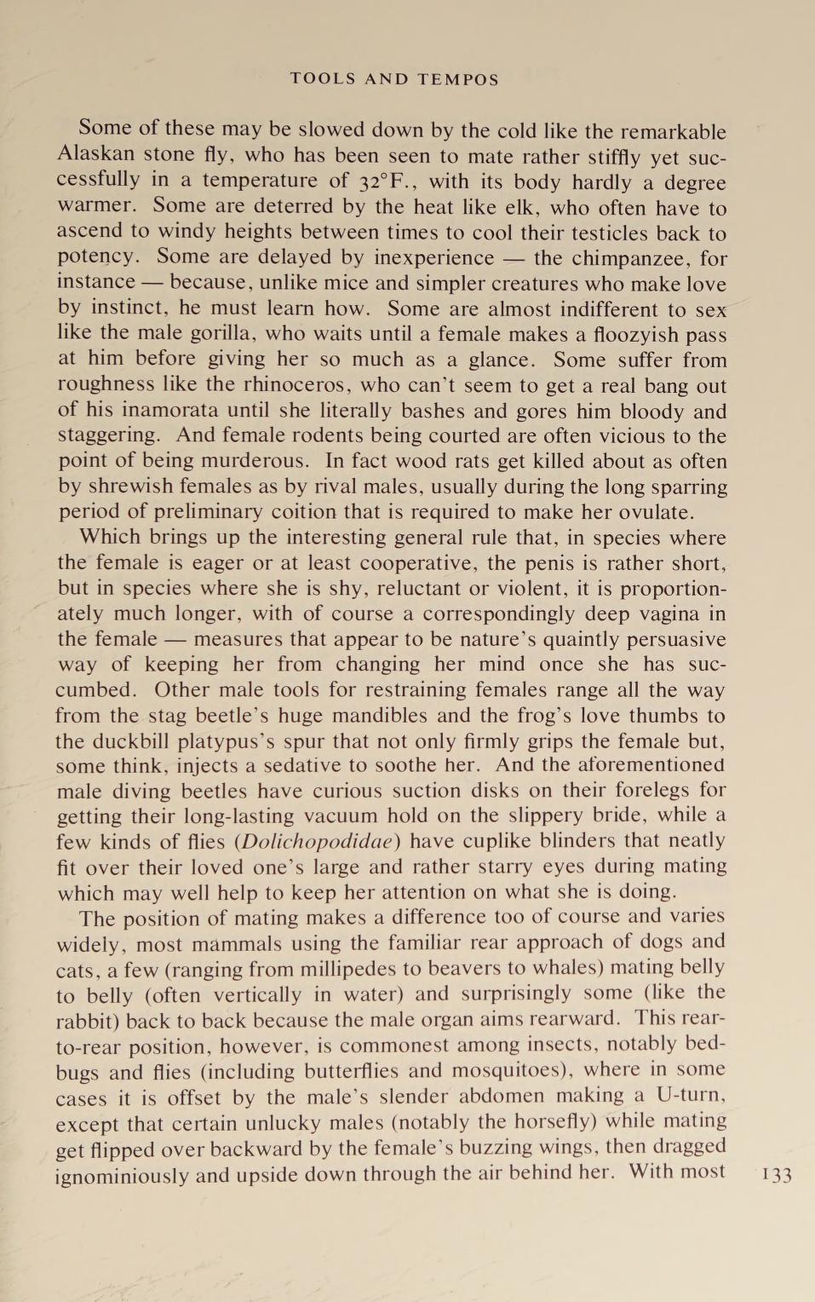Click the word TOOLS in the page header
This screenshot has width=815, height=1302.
pyautogui.click(x=323, y=79)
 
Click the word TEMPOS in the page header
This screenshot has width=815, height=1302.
pyautogui.click(x=458, y=79)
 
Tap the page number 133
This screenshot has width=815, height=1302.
pyautogui.click(x=777, y=1175)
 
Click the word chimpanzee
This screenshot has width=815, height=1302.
pyautogui.click(x=629, y=257)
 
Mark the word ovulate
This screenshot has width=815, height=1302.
pyautogui.click(x=655, y=512)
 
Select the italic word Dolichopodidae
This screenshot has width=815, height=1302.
pyautogui.click(x=317, y=842)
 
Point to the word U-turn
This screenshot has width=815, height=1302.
pyautogui.click(x=690, y=1095)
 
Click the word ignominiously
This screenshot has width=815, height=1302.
pyautogui.click(x=122, y=1175)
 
